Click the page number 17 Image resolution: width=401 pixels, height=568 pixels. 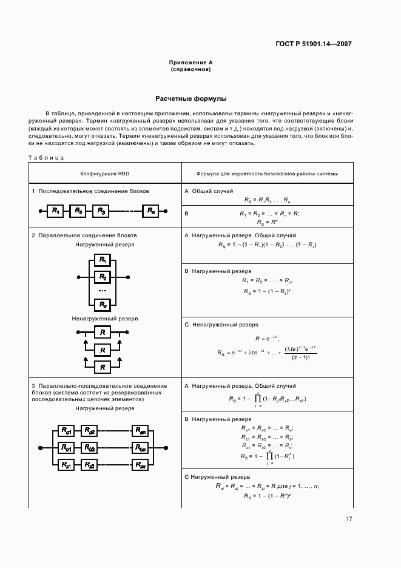pyautogui.click(x=349, y=518)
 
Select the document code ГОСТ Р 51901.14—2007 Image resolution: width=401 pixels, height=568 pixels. pyautogui.click(x=309, y=44)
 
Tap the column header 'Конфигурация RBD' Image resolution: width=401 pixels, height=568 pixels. pyautogui.click(x=105, y=173)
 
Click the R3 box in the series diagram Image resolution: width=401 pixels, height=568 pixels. pyautogui.click(x=101, y=211)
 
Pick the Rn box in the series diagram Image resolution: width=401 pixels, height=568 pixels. pyautogui.click(x=151, y=211)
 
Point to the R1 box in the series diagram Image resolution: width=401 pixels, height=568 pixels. pyautogui.click(x=55, y=211)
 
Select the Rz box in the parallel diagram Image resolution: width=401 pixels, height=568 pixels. pyautogui.click(x=103, y=305)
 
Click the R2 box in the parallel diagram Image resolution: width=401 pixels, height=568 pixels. pyautogui.click(x=103, y=277)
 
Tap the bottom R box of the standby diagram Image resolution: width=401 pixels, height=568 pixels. pyautogui.click(x=103, y=367)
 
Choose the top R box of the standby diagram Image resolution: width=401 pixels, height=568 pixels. pyautogui.click(x=103, y=332)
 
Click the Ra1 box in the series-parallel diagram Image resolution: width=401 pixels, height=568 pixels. pyautogui.click(x=66, y=431)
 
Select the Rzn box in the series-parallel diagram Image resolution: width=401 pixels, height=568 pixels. pyautogui.click(x=141, y=465)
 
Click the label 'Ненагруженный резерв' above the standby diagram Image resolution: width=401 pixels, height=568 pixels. pyautogui.click(x=105, y=318)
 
